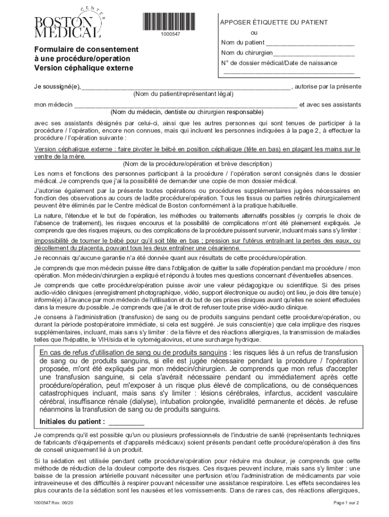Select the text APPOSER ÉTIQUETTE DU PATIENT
click(x=274, y=23)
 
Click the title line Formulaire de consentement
click(x=86, y=49)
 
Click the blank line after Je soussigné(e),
click(x=186, y=87)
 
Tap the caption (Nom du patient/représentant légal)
click(x=183, y=94)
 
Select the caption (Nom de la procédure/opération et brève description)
click(x=197, y=164)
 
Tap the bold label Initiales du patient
click(x=72, y=422)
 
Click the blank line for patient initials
click(x=126, y=423)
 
